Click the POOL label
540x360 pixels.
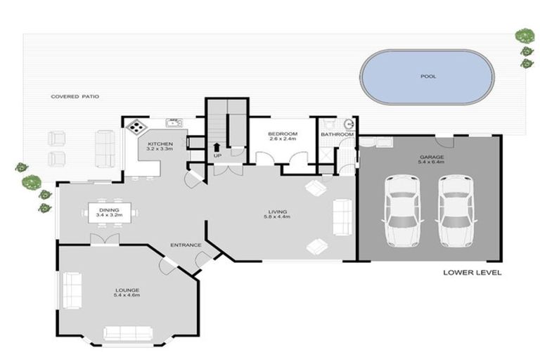point(428,76)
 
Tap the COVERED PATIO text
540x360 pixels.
point(75,96)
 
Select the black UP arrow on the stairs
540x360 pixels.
point(217,147)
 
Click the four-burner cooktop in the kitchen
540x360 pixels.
point(136,126)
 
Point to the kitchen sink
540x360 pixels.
point(174,122)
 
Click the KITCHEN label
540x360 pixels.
point(160,143)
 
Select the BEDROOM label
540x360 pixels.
point(283,134)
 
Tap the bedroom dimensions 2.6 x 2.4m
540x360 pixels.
point(283,139)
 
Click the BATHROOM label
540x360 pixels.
point(337,134)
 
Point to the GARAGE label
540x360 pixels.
point(431,157)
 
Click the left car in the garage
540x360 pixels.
point(402,211)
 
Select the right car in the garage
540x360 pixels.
point(456,211)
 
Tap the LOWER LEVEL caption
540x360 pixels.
point(472,273)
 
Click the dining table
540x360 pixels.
point(110,213)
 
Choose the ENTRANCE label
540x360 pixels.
point(186,245)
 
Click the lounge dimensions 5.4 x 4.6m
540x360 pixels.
point(127,295)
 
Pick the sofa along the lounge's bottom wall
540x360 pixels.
point(128,333)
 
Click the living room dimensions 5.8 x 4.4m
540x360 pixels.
point(277,217)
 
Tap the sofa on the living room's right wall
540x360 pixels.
point(342,217)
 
